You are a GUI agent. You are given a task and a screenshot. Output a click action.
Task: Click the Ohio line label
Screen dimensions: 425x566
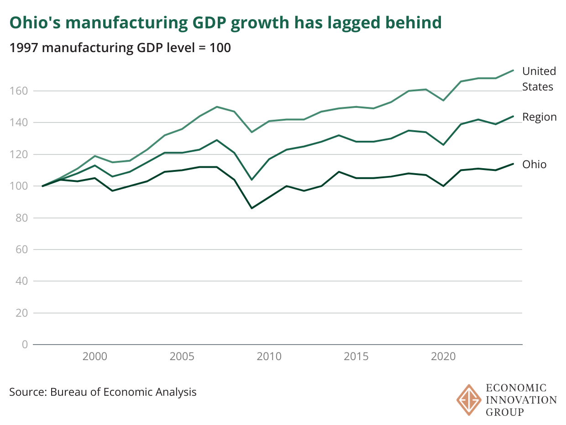point(534,165)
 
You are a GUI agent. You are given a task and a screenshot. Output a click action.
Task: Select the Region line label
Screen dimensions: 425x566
point(540,117)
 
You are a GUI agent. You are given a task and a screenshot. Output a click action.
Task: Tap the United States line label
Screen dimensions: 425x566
point(539,79)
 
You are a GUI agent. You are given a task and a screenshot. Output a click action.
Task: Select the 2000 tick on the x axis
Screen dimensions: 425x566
point(95,356)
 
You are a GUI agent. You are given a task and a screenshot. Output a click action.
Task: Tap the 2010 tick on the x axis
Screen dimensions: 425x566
point(269,356)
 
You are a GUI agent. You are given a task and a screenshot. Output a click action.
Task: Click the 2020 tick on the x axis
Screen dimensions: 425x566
point(444,356)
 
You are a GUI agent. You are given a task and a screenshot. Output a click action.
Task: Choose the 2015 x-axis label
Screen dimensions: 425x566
point(356,356)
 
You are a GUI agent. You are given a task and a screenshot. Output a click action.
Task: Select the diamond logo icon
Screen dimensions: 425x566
point(469,400)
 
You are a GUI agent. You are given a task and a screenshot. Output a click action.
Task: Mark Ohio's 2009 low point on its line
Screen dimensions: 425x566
point(252,208)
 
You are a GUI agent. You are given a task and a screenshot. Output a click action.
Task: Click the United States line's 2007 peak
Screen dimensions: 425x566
point(217,107)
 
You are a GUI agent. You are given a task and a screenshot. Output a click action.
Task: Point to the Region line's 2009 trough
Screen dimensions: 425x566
point(252,180)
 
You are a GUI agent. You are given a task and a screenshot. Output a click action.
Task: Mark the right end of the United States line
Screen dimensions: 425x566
point(514,70)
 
